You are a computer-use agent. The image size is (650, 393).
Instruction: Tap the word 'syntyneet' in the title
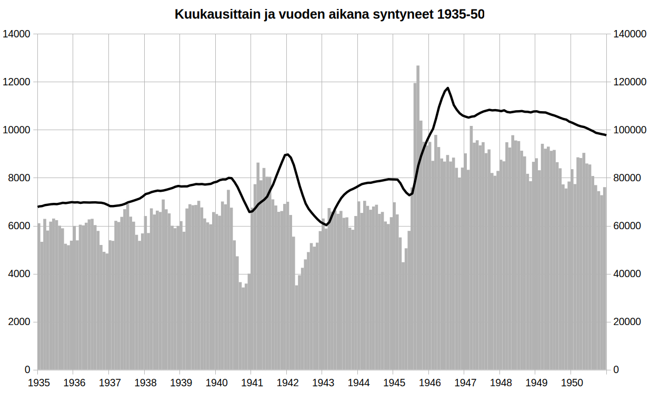coord(408,14)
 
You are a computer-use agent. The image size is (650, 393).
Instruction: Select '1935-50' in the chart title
coord(461,14)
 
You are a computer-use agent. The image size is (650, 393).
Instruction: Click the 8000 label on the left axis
coord(18,178)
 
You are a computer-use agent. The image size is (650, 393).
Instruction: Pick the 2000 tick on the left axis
coord(18,322)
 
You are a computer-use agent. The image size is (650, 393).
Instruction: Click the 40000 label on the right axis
coord(627,274)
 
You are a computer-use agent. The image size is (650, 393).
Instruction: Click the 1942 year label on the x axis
coord(287,382)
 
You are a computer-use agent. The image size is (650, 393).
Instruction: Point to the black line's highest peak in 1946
coord(447,88)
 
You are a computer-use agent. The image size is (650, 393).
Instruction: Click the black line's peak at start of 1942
coord(287,154)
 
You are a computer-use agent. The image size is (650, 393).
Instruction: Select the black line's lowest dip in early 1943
coord(326,225)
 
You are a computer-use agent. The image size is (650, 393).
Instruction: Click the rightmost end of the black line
coord(606,135)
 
